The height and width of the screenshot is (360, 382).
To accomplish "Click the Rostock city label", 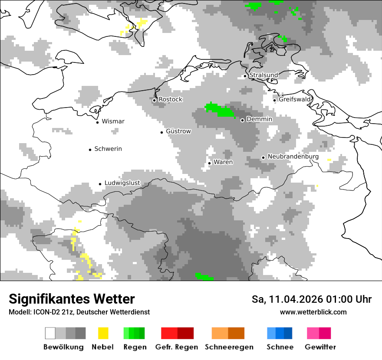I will point(170,99).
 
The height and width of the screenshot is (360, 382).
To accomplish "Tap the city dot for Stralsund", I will point(245,76).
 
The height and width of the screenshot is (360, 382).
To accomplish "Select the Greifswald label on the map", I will point(295,99).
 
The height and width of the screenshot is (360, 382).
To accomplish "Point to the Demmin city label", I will point(259,119).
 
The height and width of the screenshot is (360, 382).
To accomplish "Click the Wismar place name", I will point(113,121).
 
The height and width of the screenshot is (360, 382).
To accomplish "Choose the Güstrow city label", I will point(178,131).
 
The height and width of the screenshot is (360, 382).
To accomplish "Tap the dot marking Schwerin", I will point(90,150).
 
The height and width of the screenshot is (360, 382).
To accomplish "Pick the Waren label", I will point(223,162).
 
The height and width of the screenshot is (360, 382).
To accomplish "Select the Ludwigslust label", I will point(122,183).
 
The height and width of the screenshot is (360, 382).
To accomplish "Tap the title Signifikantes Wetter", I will point(72,299).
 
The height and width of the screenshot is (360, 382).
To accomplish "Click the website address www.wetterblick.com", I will point(313,312).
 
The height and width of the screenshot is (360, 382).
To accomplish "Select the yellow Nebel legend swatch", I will point(103,333).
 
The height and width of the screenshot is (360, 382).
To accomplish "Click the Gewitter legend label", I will point(320,347).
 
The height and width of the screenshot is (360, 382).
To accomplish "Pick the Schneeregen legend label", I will point(229,347).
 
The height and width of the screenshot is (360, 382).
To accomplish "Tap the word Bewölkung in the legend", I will point(63,347).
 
